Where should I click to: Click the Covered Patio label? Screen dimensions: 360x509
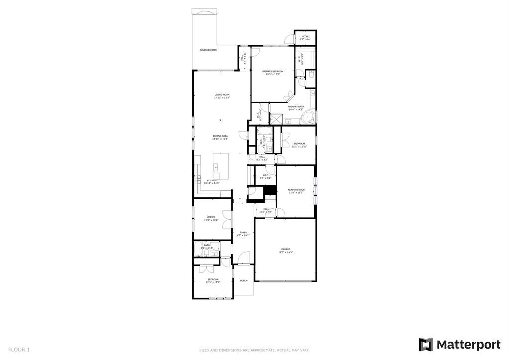[x=208, y=50]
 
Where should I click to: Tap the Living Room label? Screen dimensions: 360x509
[x=222, y=96]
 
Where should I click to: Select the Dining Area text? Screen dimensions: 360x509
[x=220, y=137]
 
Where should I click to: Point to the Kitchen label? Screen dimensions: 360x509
[x=212, y=181]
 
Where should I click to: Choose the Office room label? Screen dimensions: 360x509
[x=211, y=218]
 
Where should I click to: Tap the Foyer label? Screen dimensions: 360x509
[x=243, y=233]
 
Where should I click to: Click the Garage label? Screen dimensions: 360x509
[x=285, y=251]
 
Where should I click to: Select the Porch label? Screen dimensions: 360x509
[x=244, y=281]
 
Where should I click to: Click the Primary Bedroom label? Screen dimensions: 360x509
[x=273, y=73]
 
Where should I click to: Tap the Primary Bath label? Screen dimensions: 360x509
[x=296, y=107]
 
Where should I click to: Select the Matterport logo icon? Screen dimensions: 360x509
[x=425, y=345]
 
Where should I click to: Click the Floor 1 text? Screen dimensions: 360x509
[x=19, y=350]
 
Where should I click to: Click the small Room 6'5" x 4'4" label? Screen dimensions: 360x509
[x=305, y=38]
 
